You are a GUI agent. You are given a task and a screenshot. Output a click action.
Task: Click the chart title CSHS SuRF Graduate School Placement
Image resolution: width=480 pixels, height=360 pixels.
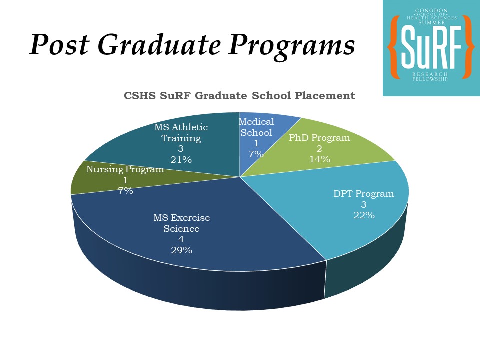tap(239, 96)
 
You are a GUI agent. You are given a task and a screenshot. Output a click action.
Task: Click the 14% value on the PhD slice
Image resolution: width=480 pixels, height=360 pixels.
tap(319, 159)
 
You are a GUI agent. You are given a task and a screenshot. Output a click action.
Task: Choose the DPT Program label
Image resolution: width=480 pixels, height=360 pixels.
tap(364, 194)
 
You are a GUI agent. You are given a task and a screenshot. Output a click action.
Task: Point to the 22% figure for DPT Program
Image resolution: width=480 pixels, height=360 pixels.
tap(364, 215)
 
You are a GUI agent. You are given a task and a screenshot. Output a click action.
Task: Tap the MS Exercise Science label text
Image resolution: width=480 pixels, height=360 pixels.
tap(181, 223)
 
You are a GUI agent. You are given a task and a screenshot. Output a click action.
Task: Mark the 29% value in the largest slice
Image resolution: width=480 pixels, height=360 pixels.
tap(181, 250)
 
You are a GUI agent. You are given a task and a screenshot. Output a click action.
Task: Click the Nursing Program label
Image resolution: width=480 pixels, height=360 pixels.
tap(125, 169)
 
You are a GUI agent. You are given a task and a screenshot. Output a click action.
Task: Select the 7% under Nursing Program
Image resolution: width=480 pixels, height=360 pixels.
tap(125, 190)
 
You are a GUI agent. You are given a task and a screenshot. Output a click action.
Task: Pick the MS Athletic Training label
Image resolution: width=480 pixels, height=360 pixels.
tap(181, 133)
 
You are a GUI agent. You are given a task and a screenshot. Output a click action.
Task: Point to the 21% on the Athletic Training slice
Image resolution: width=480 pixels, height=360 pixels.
tap(181, 160)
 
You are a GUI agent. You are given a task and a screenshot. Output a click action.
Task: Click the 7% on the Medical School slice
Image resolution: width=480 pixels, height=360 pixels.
tap(256, 154)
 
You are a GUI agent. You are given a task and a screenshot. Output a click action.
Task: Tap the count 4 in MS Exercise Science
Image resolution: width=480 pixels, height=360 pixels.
tap(181, 239)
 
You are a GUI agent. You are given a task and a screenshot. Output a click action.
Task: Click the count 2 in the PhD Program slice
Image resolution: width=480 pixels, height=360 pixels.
tap(319, 149)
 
